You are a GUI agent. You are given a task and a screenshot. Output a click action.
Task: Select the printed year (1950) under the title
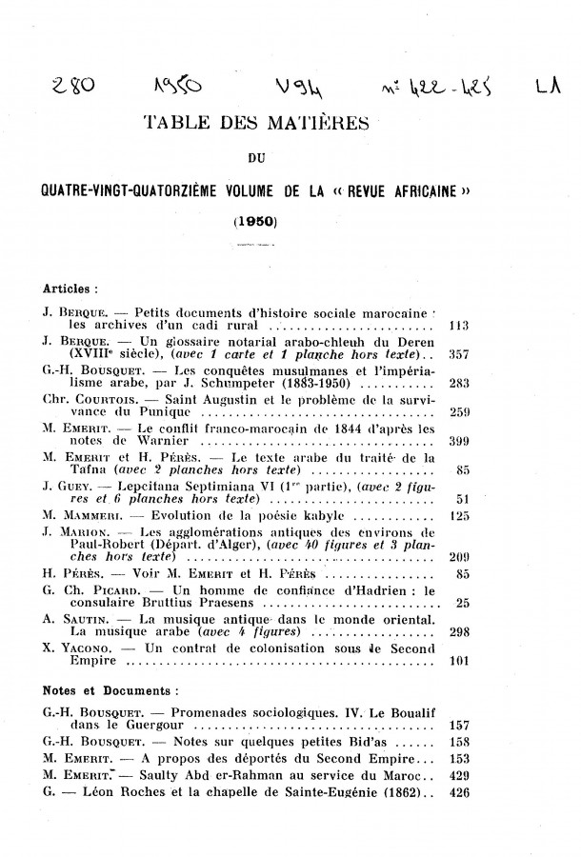pyautogui.click(x=254, y=223)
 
